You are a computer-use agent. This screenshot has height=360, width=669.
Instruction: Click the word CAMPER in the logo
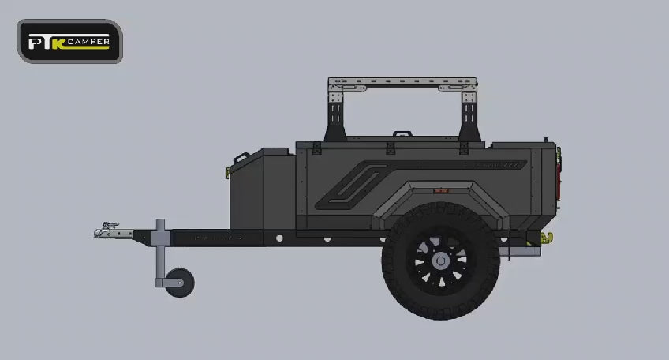88,41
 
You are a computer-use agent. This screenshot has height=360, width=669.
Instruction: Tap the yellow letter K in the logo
59,44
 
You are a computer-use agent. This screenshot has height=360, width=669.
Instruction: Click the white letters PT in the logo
40,43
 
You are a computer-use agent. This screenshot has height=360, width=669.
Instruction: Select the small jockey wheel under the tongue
180,283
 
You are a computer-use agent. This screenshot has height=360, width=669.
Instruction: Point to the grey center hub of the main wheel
441,261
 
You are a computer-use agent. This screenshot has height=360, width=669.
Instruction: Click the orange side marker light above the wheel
441,191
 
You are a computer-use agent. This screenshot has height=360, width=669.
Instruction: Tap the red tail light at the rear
558,179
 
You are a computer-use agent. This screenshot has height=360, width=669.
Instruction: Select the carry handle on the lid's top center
402,133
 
